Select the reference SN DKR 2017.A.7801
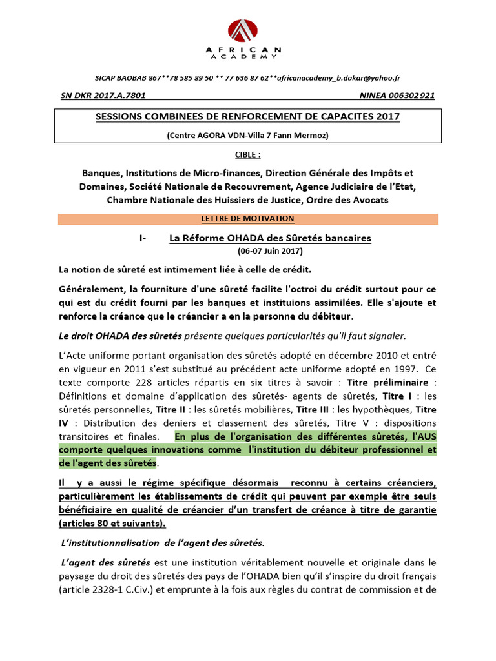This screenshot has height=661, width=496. click(102, 96)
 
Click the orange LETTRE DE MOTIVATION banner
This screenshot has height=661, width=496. click(247, 219)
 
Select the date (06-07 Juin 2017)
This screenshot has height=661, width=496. click(269, 250)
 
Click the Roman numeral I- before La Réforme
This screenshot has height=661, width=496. click(143, 238)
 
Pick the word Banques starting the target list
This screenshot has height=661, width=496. click(101, 173)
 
